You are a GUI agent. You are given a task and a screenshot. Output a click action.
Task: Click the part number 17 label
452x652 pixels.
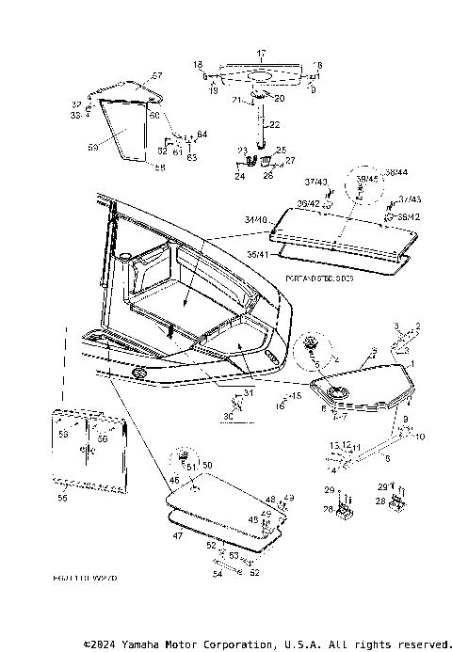pyautogui.click(x=262, y=54)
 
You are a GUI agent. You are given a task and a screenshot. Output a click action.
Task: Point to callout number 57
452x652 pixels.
pyautogui.click(x=157, y=75)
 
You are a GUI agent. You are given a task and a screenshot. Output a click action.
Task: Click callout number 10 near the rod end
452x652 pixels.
pyautogui.click(x=420, y=437)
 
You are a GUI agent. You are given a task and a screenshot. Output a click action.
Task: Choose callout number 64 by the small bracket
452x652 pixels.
pyautogui.click(x=202, y=135)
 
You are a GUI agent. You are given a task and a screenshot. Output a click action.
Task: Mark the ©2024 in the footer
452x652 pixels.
pyautogui.click(x=104, y=644)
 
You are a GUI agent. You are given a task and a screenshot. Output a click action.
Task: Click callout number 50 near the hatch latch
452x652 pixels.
pyautogui.click(x=208, y=466)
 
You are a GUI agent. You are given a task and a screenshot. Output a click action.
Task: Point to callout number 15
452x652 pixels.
pyautogui.click(x=296, y=397)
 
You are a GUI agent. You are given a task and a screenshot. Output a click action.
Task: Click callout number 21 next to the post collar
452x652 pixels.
pyautogui.click(x=238, y=99)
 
